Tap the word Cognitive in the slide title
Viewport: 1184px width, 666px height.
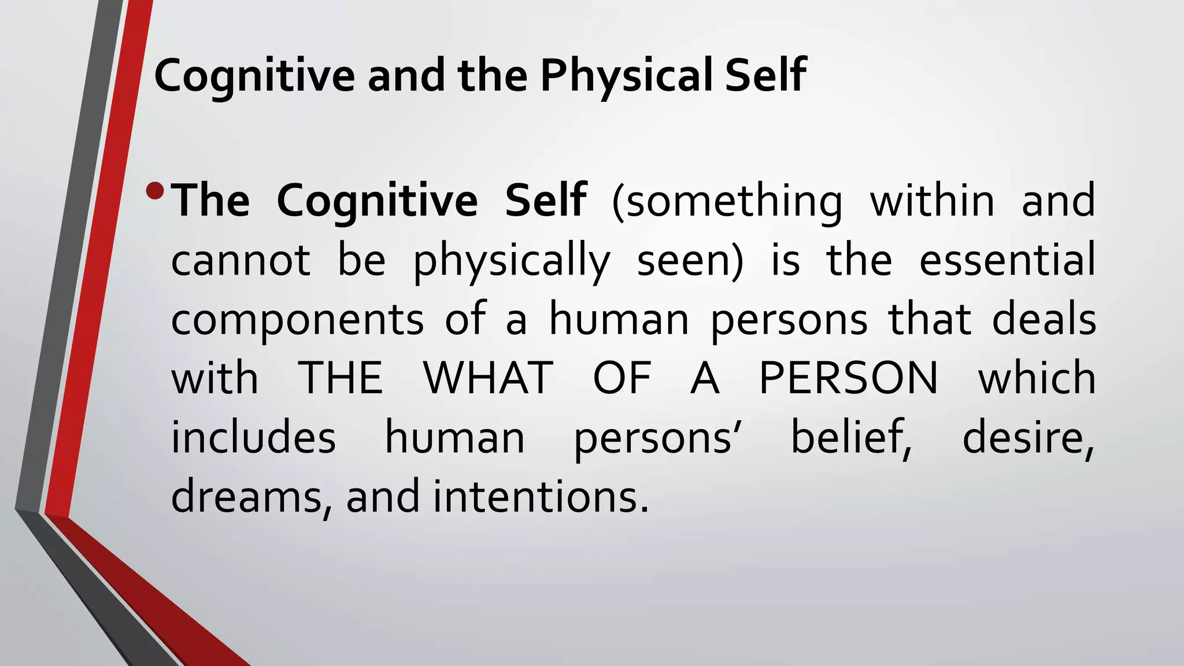point(254,76)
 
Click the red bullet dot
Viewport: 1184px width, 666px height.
point(156,191)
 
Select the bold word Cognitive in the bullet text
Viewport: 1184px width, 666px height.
point(377,201)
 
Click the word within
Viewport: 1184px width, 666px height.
point(932,201)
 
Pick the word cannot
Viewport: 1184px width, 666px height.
point(240,260)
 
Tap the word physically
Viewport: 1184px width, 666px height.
point(512,261)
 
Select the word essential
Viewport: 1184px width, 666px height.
point(1007,260)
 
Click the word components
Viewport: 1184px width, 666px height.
point(297,321)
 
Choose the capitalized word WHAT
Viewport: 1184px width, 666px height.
point(489,379)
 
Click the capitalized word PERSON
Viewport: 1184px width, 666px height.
point(848,379)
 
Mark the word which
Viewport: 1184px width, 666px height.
point(1037,379)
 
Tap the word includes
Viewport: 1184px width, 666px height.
point(253,438)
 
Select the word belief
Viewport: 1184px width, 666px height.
point(850,438)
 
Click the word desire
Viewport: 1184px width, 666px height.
point(1028,438)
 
